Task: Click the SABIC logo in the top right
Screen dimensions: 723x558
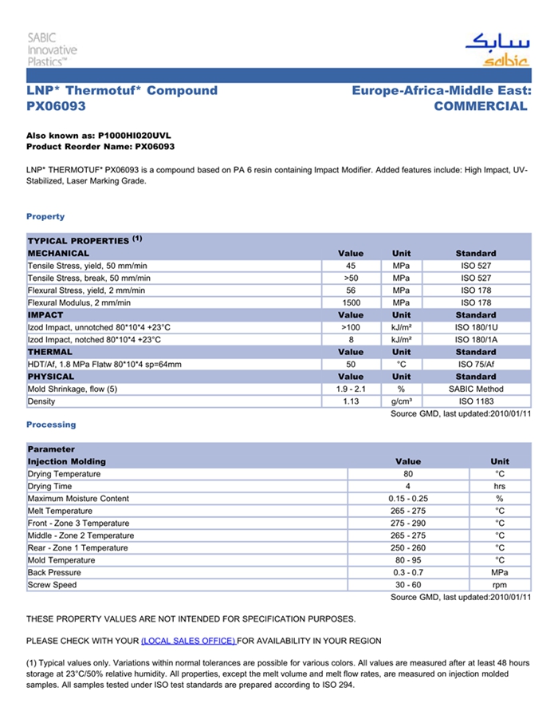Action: (x=497, y=49)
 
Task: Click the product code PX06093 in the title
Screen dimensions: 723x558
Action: (x=56, y=106)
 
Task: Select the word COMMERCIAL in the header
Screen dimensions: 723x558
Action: (x=481, y=106)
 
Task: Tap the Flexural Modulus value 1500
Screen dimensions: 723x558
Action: (x=351, y=302)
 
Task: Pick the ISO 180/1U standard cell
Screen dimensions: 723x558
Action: (x=476, y=327)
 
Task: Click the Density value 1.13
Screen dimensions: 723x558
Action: (x=351, y=401)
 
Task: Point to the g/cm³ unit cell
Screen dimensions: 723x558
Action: (x=401, y=401)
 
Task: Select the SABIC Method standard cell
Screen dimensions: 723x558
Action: (x=476, y=389)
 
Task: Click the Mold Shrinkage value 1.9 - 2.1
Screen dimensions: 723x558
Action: (x=351, y=389)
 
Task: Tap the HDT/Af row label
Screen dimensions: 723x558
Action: (x=104, y=364)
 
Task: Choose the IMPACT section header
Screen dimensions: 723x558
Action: (x=45, y=315)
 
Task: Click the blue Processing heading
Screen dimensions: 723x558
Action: (x=51, y=425)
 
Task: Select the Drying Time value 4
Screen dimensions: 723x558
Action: (x=407, y=486)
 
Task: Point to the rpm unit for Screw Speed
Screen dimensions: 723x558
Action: (x=500, y=585)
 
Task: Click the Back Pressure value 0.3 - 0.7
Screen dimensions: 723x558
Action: (x=407, y=572)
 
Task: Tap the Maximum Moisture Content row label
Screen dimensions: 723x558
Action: (x=78, y=499)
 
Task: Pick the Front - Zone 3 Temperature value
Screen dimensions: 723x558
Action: (x=407, y=523)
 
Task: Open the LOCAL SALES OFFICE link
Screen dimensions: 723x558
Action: (x=188, y=641)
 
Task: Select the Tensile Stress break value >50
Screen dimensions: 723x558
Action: (x=351, y=278)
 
